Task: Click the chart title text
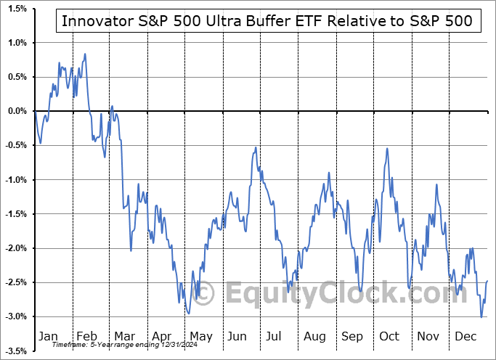tap(267, 21)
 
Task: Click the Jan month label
tap(47, 336)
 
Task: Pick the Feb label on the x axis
tap(86, 336)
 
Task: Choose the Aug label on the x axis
tap(314, 336)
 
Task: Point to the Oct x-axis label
tap(390, 336)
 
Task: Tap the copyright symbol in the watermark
tap(205, 293)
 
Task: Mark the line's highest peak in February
tap(85, 54)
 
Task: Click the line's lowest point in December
tap(481, 317)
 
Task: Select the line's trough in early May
tap(188, 314)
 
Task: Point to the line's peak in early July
tap(256, 148)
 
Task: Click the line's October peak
tap(387, 149)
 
